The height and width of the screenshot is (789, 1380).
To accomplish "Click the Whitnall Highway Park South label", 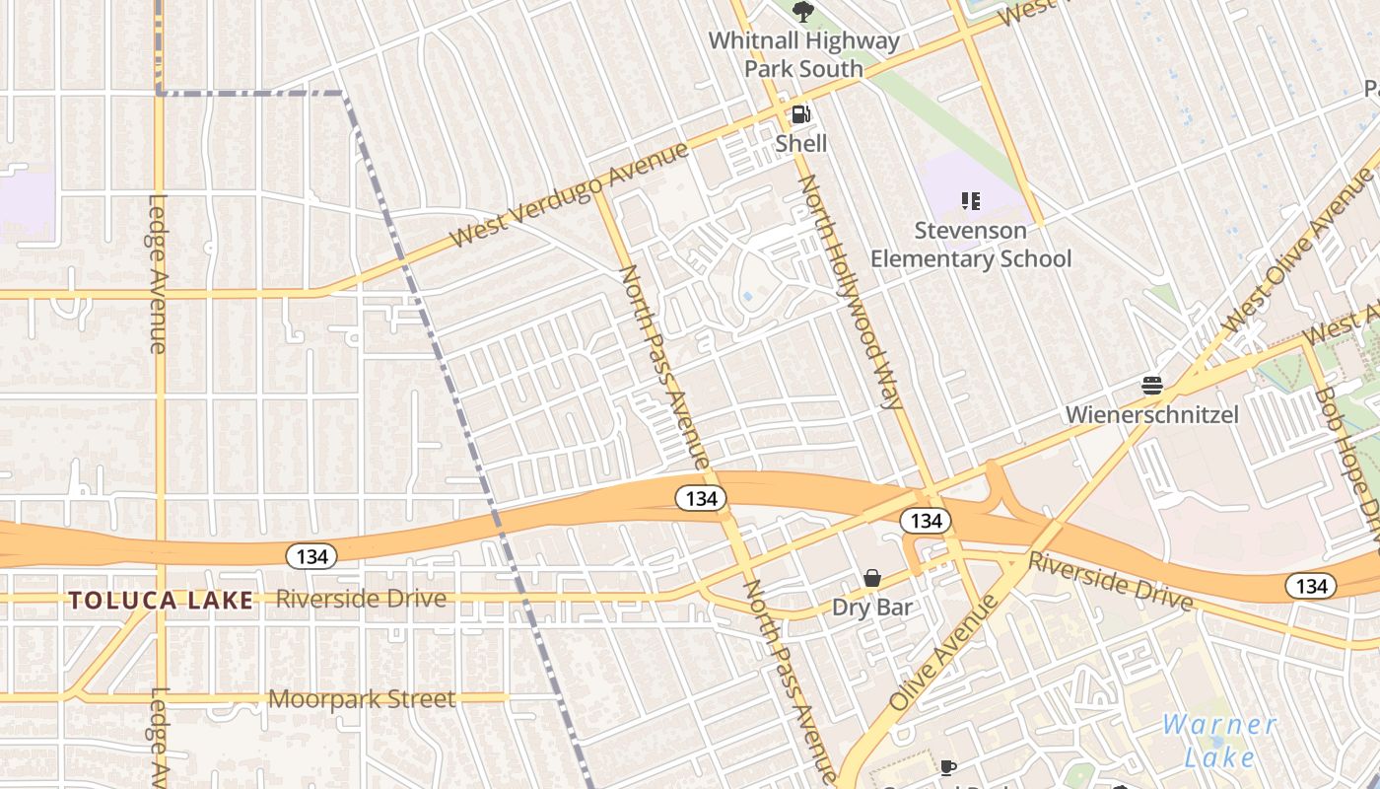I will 803,55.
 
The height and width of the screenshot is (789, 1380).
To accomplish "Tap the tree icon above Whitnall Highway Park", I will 803,12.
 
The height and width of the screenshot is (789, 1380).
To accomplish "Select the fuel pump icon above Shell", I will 800,114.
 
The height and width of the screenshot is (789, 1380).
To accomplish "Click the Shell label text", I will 800,143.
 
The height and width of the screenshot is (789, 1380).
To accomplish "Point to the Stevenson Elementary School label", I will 970,245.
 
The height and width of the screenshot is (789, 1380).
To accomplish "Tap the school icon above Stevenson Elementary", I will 970,201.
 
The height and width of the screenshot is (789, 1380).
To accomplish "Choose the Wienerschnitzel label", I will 1151,414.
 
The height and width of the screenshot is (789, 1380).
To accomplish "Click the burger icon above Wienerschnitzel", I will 1151,385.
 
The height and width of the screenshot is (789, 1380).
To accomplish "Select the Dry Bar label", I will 872,607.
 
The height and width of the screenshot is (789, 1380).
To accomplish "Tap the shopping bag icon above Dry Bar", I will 872,578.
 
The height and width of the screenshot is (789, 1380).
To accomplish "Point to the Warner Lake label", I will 1219,741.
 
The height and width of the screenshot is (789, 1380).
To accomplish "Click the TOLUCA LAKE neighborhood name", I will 161,600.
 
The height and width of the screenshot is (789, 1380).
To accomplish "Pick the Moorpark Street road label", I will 362,699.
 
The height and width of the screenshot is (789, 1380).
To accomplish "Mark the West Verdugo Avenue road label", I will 569,195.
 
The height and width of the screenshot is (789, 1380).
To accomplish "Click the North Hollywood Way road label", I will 850,293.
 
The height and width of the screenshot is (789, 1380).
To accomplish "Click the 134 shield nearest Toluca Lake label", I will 311,556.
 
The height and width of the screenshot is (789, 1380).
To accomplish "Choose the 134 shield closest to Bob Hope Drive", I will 1311,586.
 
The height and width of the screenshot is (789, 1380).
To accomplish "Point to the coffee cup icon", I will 947,767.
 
